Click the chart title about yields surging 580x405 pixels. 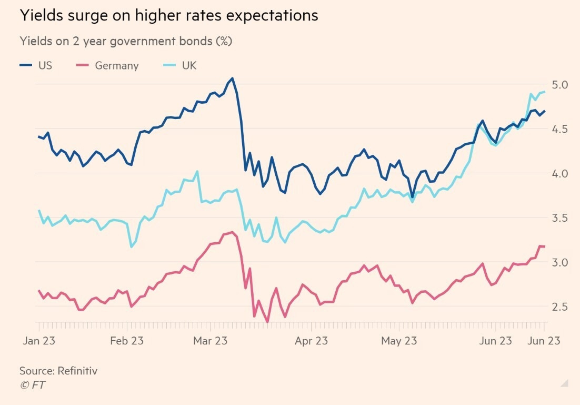(168, 16)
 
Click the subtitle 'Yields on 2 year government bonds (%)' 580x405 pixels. (126, 41)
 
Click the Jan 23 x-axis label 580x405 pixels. (39, 341)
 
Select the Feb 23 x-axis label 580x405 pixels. (127, 341)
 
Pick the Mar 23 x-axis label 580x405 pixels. (211, 341)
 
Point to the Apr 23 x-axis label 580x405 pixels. (311, 341)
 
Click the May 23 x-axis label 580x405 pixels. (399, 341)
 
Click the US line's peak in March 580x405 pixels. (232, 78)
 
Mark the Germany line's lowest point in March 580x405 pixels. (267, 322)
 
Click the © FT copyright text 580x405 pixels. (32, 385)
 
